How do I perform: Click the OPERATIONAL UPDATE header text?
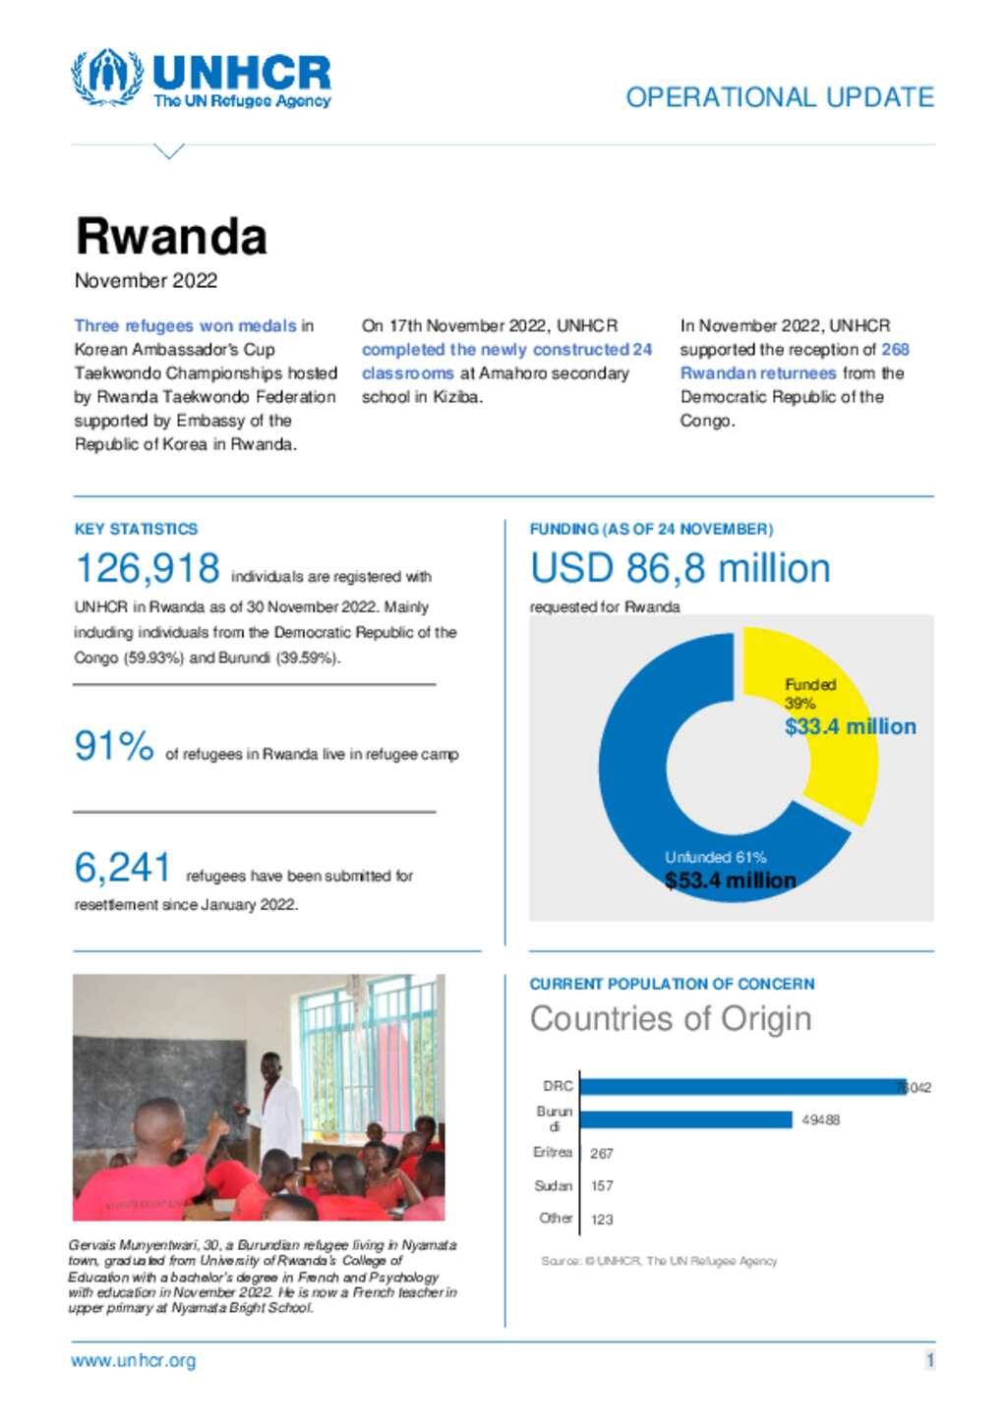780,97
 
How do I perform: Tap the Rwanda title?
171,237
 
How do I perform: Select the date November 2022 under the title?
146,281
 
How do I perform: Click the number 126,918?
148,569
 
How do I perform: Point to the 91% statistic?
114,746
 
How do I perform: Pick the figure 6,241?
123,868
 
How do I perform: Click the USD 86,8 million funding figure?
681,569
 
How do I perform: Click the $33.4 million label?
851,727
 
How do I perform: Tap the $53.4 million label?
731,881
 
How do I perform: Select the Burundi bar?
686,1119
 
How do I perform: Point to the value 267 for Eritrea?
602,1154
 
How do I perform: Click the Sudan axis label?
553,1186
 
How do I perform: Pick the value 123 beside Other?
602,1220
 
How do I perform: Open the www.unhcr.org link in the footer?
134,1361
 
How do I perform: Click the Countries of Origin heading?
671,1019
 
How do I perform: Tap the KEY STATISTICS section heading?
136,529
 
